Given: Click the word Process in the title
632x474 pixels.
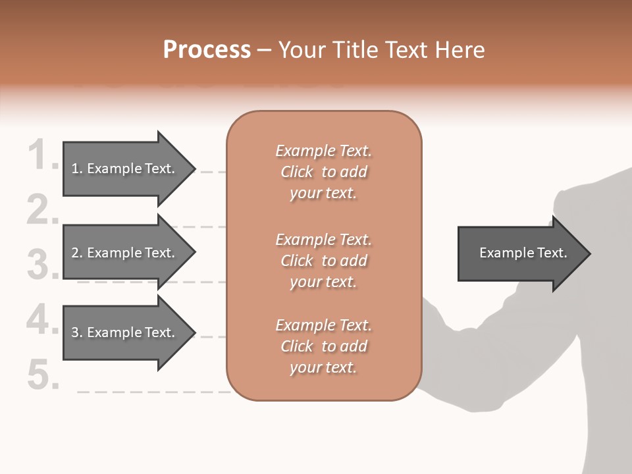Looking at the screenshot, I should click(207, 50).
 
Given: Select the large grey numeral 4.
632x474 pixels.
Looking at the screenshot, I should click(41, 320).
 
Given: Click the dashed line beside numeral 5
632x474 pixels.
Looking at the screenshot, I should click(151, 391).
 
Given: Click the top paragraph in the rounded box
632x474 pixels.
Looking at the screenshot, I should click(323, 172).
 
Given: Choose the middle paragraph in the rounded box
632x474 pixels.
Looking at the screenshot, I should click(323, 261).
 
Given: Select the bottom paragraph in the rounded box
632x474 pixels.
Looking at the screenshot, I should click(323, 346).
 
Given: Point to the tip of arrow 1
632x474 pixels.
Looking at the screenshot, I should click(194, 169).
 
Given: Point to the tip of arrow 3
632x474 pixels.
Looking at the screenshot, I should click(194, 332).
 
